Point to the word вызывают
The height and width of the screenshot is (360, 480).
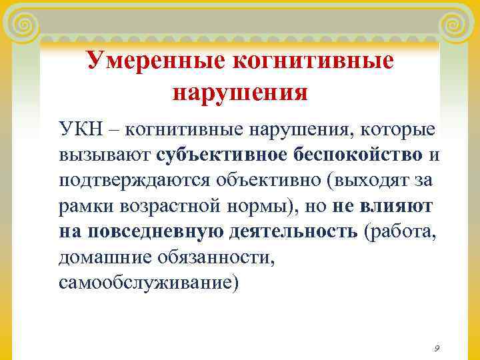point(105,155)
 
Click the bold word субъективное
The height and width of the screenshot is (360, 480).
point(223,155)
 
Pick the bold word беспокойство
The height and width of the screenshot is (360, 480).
point(359,155)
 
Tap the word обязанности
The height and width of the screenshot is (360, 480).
point(215,257)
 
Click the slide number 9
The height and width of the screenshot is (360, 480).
point(436,348)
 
